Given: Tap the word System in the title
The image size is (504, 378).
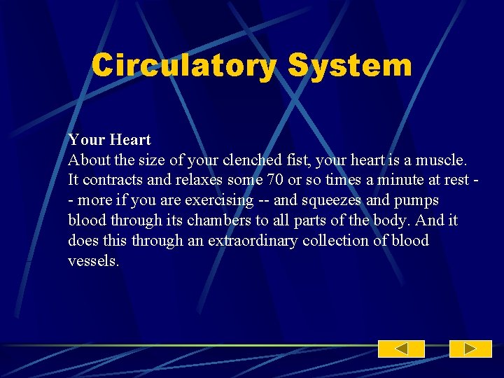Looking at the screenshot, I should click(349, 66).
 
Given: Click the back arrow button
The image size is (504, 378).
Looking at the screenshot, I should click(401, 349).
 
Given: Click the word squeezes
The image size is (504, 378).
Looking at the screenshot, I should click(332, 200).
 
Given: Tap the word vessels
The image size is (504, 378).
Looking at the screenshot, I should click(93, 261).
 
